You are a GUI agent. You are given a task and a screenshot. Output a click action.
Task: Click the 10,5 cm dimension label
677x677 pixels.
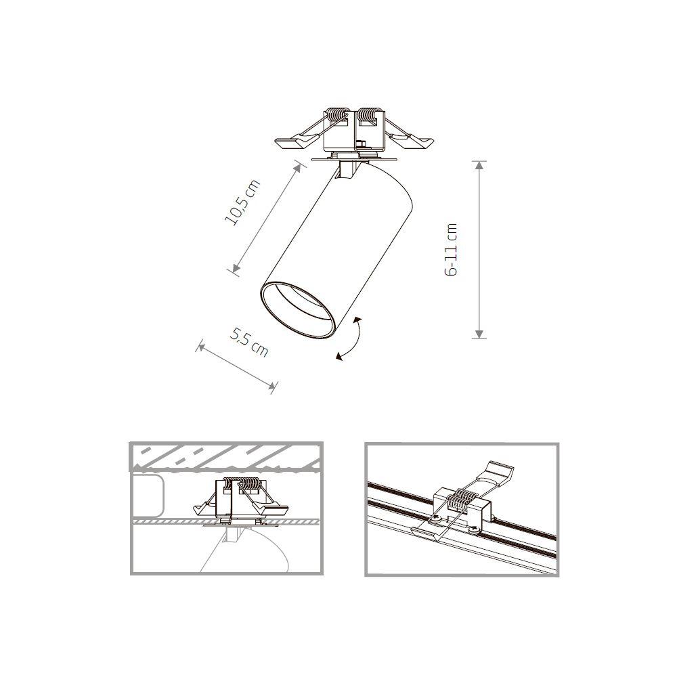pyautogui.click(x=242, y=202)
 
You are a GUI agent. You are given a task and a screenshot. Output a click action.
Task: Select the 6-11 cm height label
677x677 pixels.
pyautogui.click(x=452, y=249)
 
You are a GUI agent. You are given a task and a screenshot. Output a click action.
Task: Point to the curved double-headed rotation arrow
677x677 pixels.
pyautogui.click(x=351, y=338)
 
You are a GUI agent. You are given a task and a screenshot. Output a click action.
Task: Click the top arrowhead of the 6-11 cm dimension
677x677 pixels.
pyautogui.click(x=479, y=165)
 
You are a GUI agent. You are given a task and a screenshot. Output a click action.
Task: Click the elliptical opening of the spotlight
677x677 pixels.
pyautogui.click(x=297, y=307)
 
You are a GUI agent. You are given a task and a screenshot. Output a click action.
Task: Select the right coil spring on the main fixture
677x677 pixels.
pyautogui.click(x=369, y=116)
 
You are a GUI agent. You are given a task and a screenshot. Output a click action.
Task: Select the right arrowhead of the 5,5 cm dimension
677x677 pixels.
pyautogui.click(x=272, y=387)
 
